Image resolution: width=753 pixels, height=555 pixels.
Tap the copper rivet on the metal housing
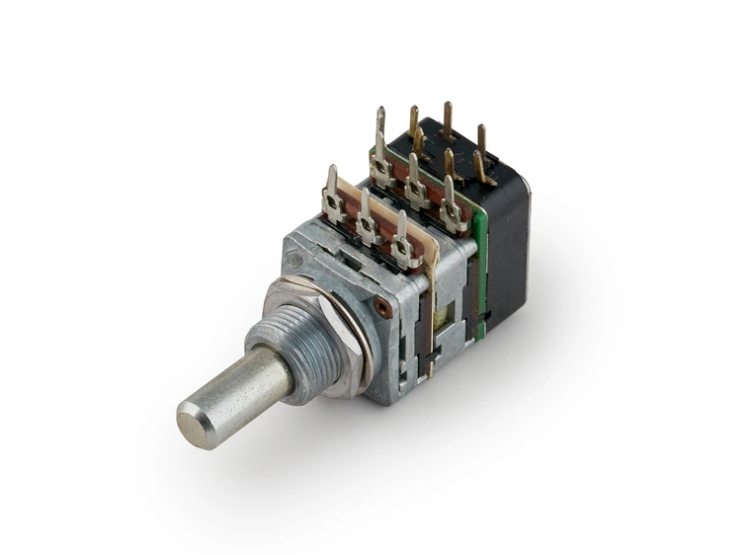pos(381,309)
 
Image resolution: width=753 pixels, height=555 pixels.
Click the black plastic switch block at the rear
pos(505,247)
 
